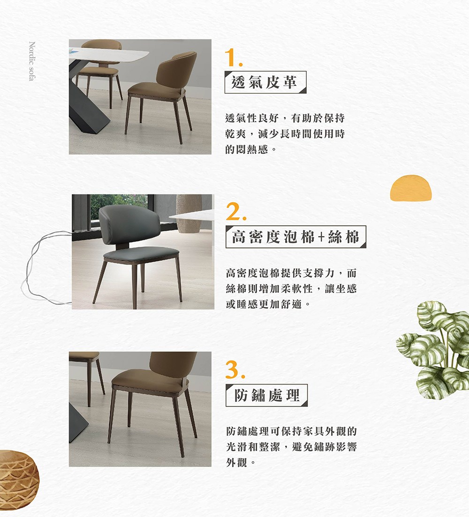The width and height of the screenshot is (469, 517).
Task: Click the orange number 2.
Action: pyautogui.click(x=233, y=213)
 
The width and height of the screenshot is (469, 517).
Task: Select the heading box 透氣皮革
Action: pyautogui.click(x=265, y=82)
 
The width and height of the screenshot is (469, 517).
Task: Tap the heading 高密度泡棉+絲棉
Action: pyautogui.click(x=295, y=237)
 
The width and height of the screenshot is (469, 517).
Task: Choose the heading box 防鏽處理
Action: pyautogui.click(x=266, y=395)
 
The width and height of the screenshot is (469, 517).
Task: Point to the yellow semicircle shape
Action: pyautogui.click(x=410, y=188)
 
